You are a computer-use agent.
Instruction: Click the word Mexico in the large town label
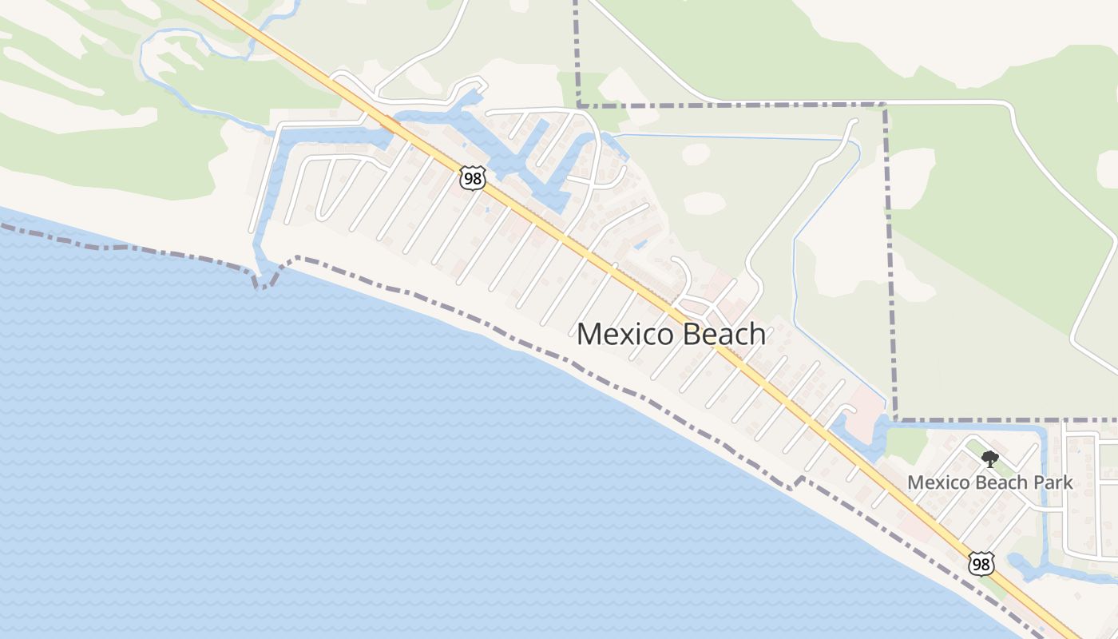pos(624,334)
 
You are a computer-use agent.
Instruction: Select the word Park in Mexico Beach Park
pos(1053,482)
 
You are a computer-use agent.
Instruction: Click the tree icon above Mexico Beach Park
pos(990,459)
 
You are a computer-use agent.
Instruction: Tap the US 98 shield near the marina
pos(472,178)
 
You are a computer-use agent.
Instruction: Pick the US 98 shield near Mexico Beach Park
pos(981,563)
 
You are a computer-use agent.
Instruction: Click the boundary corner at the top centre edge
pos(577,105)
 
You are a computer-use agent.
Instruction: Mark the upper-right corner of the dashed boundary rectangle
pos(884,105)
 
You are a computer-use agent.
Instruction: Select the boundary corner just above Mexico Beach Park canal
pos(894,419)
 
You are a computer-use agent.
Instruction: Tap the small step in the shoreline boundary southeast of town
pos(794,484)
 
